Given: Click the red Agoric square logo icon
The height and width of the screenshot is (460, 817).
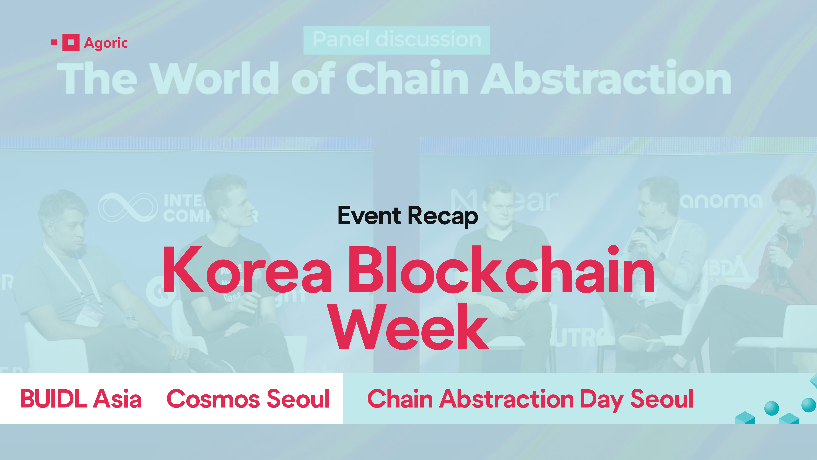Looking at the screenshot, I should pos(71,42).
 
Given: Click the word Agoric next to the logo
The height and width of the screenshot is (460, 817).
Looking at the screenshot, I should pos(106,43).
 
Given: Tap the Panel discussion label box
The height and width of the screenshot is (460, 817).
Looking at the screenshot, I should pos(396,40).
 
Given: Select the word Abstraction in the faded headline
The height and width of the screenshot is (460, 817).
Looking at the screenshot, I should pos(606,78).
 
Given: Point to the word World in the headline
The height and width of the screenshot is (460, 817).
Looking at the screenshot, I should pos(216,78).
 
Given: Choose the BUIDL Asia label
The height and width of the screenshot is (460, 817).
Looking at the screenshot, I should pos(81,399).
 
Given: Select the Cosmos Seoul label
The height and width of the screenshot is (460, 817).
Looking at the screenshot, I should pos(248,399).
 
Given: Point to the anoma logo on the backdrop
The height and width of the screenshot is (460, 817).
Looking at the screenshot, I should pos(721,201).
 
